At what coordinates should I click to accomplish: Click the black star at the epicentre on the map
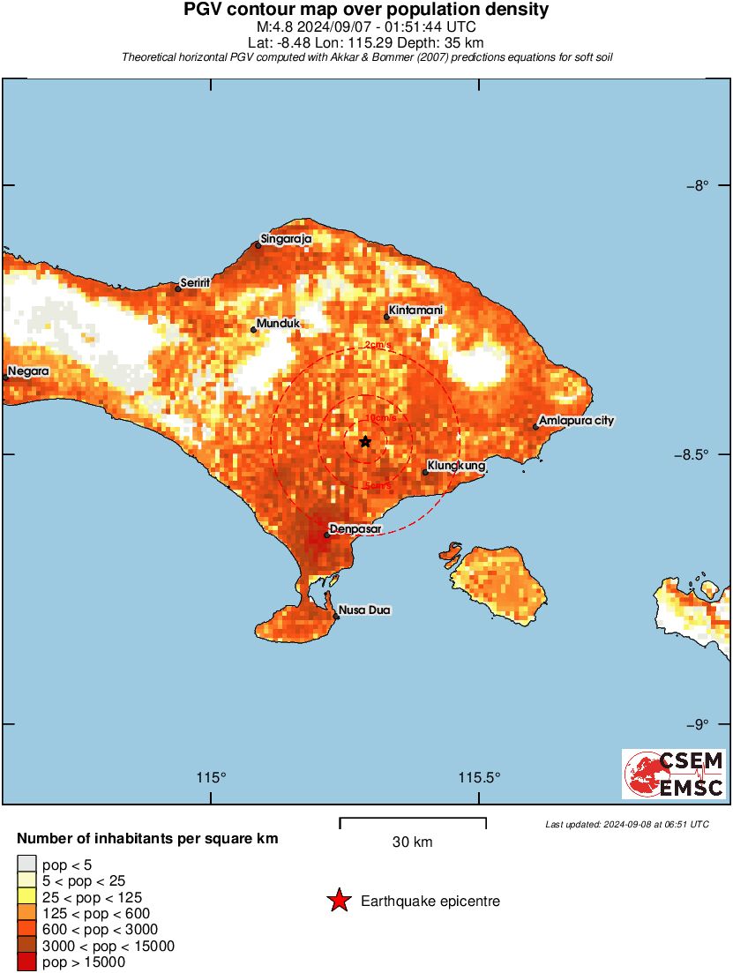(x=365, y=441)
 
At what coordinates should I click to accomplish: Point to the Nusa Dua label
(x=365, y=610)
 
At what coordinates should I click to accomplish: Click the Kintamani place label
(x=415, y=311)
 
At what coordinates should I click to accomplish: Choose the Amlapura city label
(x=576, y=421)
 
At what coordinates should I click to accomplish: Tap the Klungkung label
(x=456, y=465)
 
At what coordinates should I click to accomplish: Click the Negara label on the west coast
(x=28, y=371)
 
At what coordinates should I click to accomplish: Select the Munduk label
(x=278, y=324)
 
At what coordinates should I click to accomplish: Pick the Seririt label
(x=195, y=283)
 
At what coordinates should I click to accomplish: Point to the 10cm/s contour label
(x=380, y=417)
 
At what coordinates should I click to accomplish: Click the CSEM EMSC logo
(x=674, y=774)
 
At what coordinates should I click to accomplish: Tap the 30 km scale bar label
(x=412, y=842)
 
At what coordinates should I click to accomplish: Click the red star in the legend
(x=339, y=901)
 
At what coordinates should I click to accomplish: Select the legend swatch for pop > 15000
(x=27, y=962)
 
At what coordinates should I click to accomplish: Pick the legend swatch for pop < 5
(x=27, y=864)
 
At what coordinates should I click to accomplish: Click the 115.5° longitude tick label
(x=479, y=777)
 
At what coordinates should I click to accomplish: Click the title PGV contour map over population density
(x=366, y=10)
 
